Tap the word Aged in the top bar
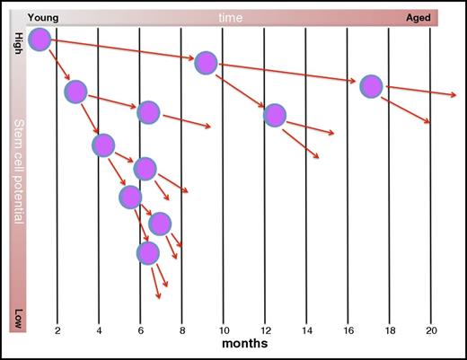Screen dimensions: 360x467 point(419,18)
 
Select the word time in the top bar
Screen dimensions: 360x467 point(233,18)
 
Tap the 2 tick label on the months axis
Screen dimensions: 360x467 point(57,329)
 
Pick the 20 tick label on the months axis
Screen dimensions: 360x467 point(430,329)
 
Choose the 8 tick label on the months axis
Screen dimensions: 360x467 point(181,329)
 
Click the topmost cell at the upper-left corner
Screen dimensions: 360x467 point(40,39)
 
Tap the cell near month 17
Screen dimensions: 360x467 point(371,86)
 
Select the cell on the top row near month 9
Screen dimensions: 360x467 point(207,62)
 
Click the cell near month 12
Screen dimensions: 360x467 point(275,115)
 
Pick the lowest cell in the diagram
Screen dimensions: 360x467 point(149,252)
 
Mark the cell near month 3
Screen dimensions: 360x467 point(76,92)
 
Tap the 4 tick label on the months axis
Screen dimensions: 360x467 point(99,329)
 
